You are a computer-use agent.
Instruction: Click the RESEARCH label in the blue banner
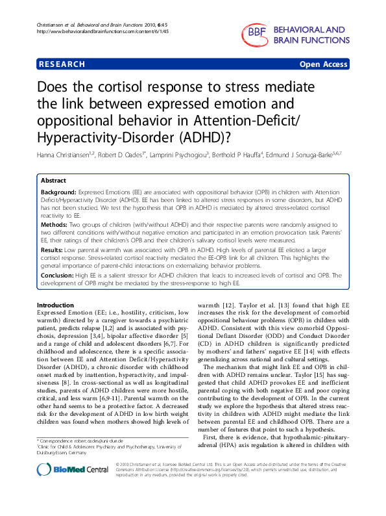[62, 64]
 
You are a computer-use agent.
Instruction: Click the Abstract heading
[54, 181]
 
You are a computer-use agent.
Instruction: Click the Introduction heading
[56, 305]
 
